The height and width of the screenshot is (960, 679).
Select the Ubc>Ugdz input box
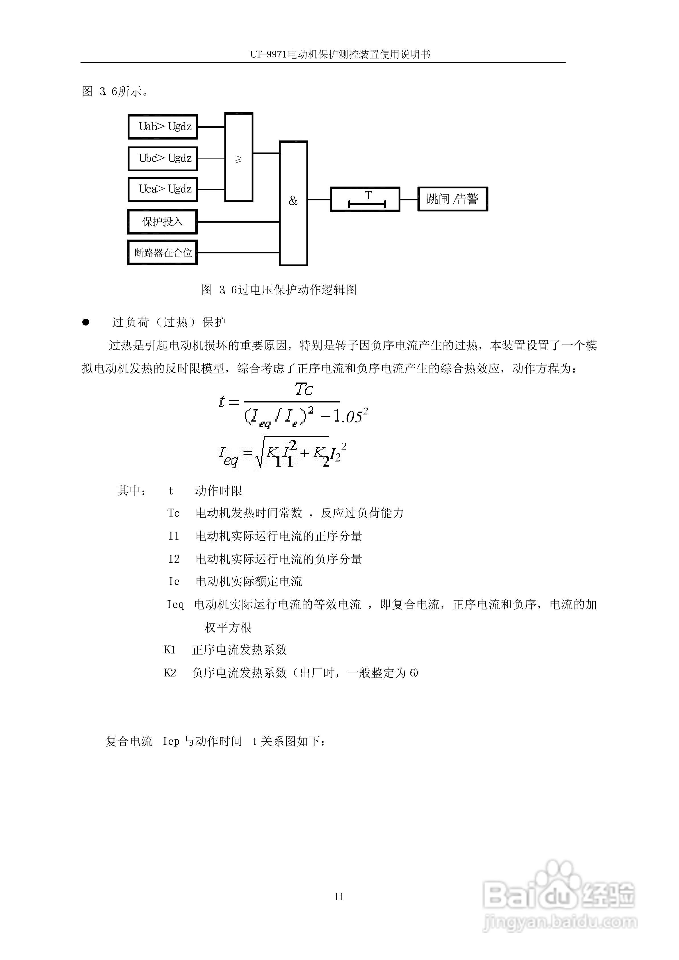162,158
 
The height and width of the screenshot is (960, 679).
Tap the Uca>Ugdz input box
162,190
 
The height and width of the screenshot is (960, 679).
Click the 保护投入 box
162,222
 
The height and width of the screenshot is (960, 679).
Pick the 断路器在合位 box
162,253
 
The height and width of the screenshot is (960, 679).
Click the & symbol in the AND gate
293,201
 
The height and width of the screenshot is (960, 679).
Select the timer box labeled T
365,200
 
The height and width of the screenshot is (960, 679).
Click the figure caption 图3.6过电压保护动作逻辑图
279,290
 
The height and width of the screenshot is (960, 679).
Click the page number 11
339,896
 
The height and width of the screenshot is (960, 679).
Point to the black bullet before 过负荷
86,322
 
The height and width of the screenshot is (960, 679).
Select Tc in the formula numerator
304,389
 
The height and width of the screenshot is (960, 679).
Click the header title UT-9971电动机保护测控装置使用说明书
340,54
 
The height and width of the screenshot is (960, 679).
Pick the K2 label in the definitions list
169,673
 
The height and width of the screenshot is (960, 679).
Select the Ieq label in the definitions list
175,605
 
